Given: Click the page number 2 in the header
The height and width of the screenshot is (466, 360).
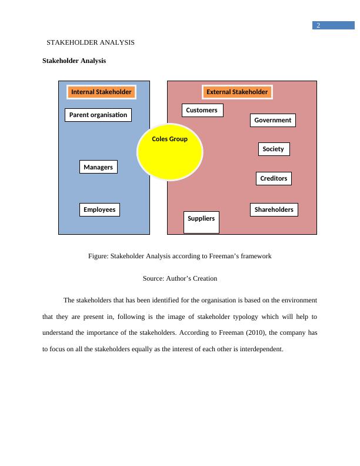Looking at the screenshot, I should (318, 25).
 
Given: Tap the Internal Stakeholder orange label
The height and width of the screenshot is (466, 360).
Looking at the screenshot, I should (101, 92).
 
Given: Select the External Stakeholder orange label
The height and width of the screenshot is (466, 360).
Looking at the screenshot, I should (237, 92).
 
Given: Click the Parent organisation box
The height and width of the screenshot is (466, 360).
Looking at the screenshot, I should (98, 115).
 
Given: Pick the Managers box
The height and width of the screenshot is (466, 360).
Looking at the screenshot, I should (98, 167).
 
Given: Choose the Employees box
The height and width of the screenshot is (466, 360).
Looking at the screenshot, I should (99, 209).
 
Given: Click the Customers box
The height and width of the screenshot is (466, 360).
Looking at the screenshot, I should (202, 110).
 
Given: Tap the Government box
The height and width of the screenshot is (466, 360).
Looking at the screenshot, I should (272, 120).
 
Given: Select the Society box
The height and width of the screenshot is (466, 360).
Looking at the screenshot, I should (273, 149).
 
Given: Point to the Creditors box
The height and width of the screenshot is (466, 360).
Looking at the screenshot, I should (274, 178).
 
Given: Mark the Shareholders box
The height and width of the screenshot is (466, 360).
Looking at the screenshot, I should (274, 209).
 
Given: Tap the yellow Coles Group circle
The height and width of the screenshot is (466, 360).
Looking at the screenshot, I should (170, 153).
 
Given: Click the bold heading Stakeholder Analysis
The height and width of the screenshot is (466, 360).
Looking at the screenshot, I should (74, 61).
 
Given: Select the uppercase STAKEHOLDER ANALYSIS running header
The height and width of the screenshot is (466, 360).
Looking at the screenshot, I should (91, 42).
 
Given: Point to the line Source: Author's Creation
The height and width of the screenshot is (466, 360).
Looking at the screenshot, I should (180, 278).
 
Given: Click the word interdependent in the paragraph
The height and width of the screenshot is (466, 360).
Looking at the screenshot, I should (259, 349).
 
